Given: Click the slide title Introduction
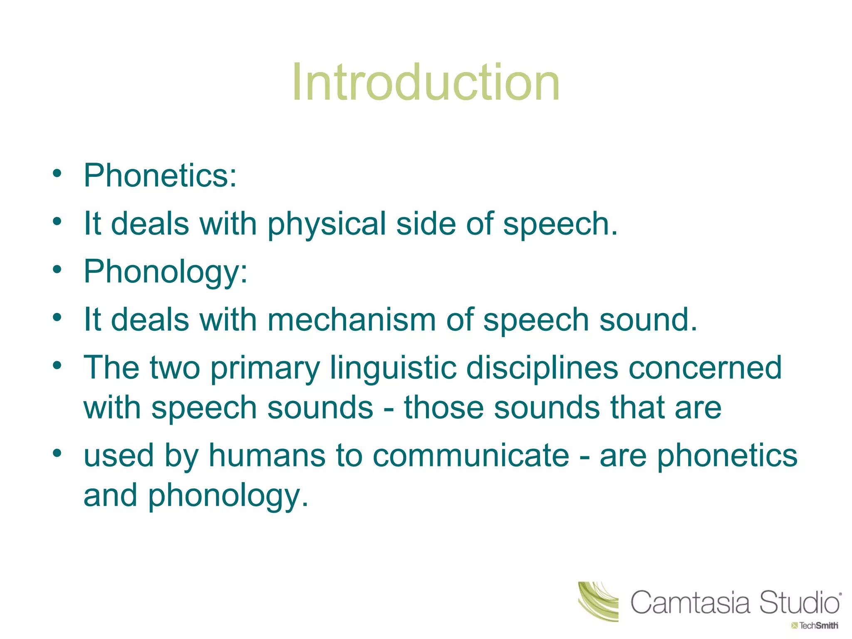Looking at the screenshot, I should (x=426, y=82).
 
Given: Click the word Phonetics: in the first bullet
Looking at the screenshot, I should (x=160, y=176).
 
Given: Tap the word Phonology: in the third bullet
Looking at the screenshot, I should (x=166, y=272).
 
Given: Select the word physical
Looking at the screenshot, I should (x=327, y=224).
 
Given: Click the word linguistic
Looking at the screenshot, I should (x=393, y=368).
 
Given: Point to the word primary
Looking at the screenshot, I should (x=265, y=369).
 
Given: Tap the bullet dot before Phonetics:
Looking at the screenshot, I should (x=57, y=173).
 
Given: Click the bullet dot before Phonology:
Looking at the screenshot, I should (x=57, y=269).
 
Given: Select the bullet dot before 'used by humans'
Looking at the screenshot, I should (x=57, y=453).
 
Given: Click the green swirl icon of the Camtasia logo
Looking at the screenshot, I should (x=598, y=602).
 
